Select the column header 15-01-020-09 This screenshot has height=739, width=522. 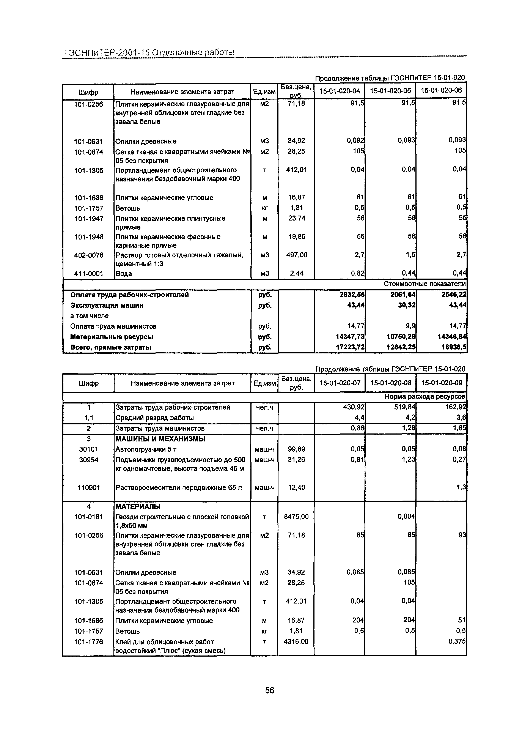[x=442, y=383]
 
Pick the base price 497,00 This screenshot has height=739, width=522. [x=296, y=255]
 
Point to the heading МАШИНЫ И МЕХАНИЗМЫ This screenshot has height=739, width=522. [x=160, y=439]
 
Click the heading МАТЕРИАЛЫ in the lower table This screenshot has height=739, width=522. [x=138, y=506]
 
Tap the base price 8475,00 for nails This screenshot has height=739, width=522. [x=296, y=517]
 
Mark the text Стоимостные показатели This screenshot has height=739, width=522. [x=424, y=284]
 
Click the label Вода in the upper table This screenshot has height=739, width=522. [x=124, y=274]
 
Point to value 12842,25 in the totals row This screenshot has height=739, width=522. [x=401, y=347]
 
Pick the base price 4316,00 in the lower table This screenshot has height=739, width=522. [x=296, y=641]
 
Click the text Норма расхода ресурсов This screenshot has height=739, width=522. [x=425, y=397]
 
